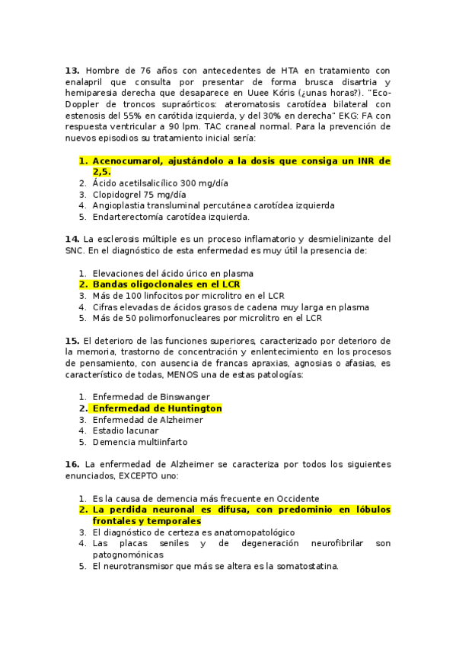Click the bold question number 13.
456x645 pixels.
(72, 71)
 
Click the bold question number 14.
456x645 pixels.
(72, 239)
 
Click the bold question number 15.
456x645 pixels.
(72, 340)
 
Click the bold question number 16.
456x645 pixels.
(72, 464)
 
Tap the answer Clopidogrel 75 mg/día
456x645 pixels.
(139, 194)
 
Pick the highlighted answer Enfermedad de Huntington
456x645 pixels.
(157, 408)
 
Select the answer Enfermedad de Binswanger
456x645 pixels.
(151, 397)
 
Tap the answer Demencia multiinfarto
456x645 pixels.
(139, 442)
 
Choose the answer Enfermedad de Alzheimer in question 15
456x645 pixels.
(148, 420)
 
